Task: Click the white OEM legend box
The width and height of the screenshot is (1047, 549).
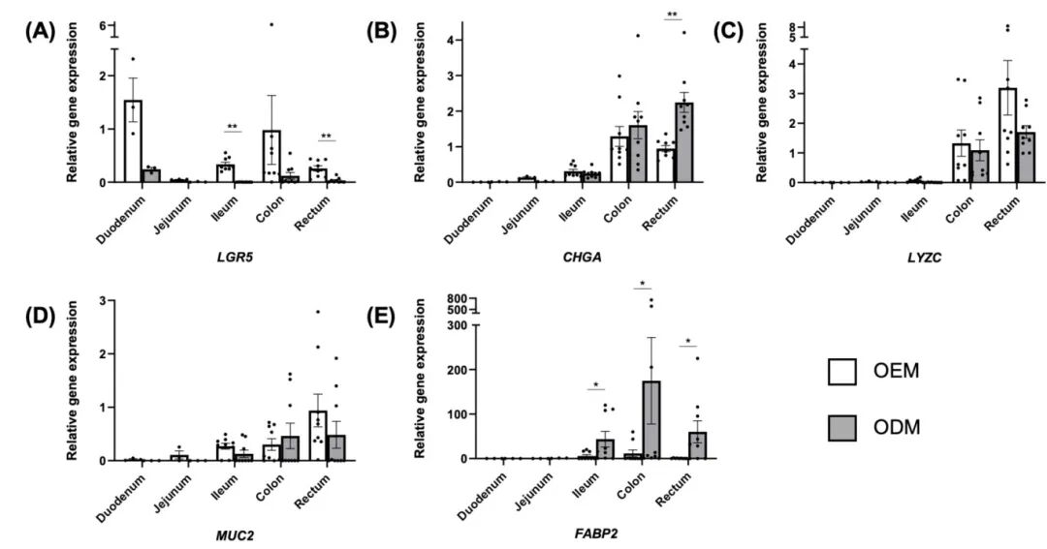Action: tap(842, 372)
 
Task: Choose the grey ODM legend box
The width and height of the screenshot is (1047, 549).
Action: tap(842, 425)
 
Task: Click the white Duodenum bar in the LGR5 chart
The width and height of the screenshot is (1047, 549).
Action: tap(133, 141)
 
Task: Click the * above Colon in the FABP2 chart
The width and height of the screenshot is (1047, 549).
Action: tap(642, 285)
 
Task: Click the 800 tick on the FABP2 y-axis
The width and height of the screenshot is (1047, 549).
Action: tap(456, 299)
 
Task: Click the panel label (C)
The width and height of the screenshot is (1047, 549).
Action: tap(727, 29)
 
